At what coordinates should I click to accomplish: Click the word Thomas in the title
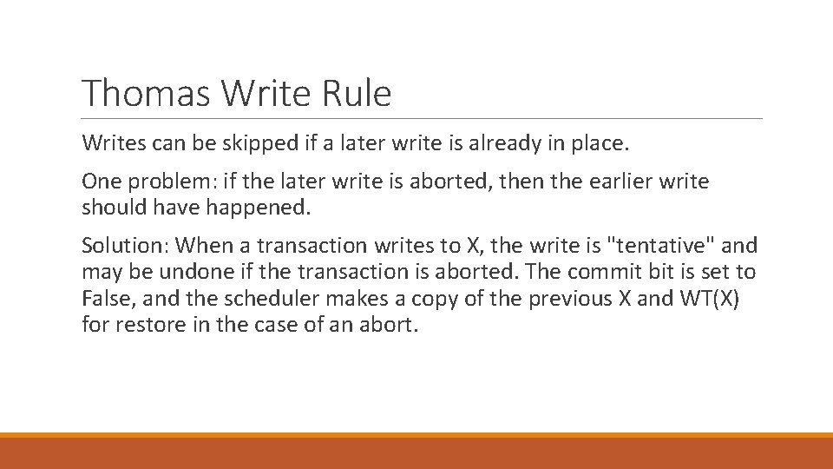[147, 93]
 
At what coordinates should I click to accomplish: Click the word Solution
[122, 247]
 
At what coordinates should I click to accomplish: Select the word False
[104, 299]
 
